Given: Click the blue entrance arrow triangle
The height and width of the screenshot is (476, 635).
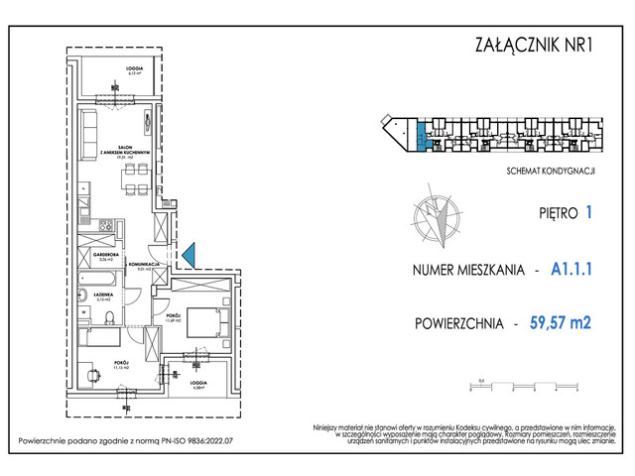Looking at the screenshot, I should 190,255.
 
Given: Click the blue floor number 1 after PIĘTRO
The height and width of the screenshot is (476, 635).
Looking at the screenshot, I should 590,210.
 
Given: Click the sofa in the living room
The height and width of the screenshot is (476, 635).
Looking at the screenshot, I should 88,128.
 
